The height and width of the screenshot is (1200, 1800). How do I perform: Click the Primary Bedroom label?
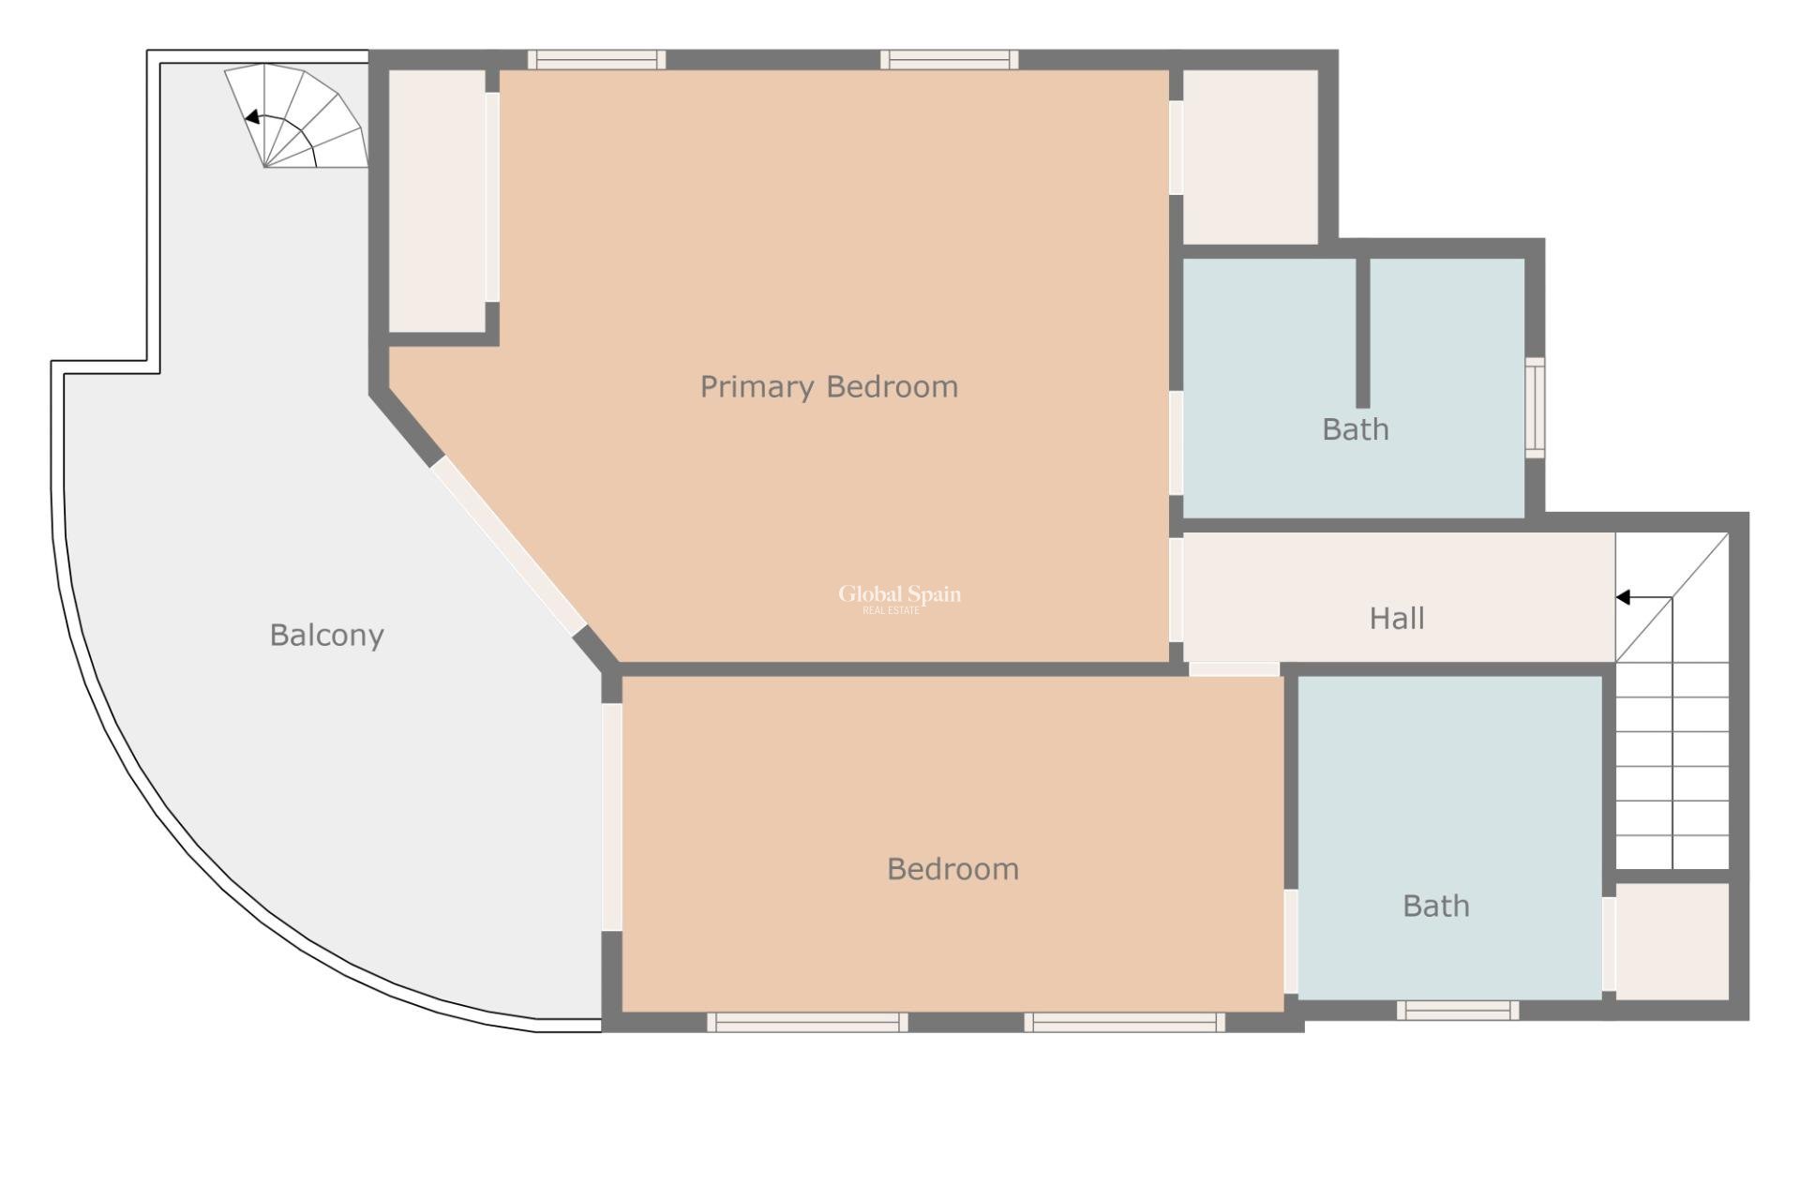[x=829, y=386]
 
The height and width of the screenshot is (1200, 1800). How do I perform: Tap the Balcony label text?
[x=326, y=635]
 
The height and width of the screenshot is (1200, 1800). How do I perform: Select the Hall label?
[x=1396, y=618]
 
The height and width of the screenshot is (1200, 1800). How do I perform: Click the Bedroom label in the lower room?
[x=952, y=869]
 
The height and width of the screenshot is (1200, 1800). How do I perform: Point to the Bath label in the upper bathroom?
[x=1355, y=429]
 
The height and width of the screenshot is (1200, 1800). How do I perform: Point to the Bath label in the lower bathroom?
[x=1435, y=906]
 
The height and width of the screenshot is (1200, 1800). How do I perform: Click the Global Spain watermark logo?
[x=899, y=597]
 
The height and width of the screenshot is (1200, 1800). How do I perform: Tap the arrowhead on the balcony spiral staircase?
[x=251, y=117]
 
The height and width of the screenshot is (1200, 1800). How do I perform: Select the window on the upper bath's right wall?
[x=1534, y=408]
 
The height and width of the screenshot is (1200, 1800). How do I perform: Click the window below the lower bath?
[x=1457, y=1010]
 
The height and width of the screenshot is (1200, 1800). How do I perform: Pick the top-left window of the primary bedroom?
[x=596, y=60]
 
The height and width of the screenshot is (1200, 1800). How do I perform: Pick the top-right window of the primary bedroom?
[x=949, y=60]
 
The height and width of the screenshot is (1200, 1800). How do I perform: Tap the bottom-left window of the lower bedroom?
[x=807, y=1022]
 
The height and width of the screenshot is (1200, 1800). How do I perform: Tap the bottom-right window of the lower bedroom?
[x=1124, y=1022]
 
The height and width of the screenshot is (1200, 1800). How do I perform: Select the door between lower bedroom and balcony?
[x=611, y=817]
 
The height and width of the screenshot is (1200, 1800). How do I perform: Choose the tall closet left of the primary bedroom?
[x=437, y=200]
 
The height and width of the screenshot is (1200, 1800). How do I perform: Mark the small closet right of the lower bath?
[x=1672, y=940]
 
